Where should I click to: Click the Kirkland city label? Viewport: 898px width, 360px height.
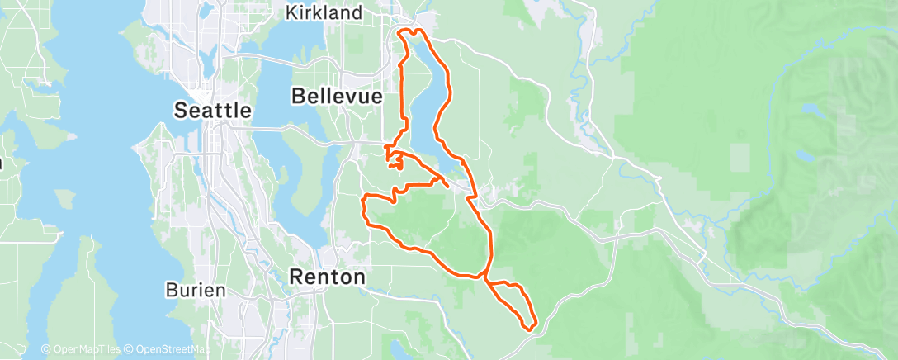coord(324,12)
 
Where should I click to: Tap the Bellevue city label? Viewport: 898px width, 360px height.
coord(337,97)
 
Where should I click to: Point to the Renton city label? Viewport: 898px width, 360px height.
coord(327,277)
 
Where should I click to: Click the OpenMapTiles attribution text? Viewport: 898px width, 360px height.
coord(83,349)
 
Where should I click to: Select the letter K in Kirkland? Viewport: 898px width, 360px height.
coord(291,12)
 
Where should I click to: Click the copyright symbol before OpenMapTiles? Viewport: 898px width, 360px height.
coord(45,349)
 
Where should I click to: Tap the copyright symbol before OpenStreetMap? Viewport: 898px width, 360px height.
coord(129,349)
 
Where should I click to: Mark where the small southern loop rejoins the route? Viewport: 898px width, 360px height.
coord(486,279)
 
